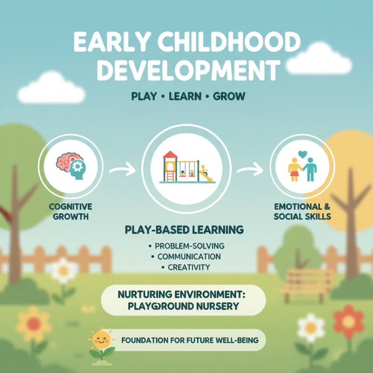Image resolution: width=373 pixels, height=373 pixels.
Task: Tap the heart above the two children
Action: (x=302, y=153)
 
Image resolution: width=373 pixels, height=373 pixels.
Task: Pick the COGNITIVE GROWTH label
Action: (x=70, y=211)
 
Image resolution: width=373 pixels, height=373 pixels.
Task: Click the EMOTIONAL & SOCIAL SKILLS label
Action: (x=303, y=211)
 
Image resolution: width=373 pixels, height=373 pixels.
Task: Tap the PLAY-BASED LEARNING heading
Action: (x=185, y=230)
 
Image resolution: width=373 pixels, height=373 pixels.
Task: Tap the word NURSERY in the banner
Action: (x=217, y=306)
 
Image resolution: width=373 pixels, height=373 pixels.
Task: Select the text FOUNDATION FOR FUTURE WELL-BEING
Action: (x=189, y=340)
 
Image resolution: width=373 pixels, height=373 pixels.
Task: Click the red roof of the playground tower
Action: (x=170, y=155)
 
